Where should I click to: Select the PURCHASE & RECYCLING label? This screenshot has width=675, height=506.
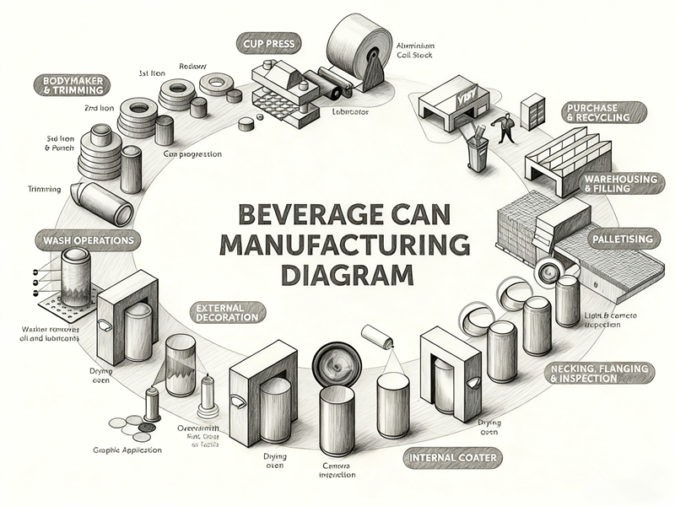pyautogui.click(x=605, y=113)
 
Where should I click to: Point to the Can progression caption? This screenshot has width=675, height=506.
pyautogui.click(x=192, y=154)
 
